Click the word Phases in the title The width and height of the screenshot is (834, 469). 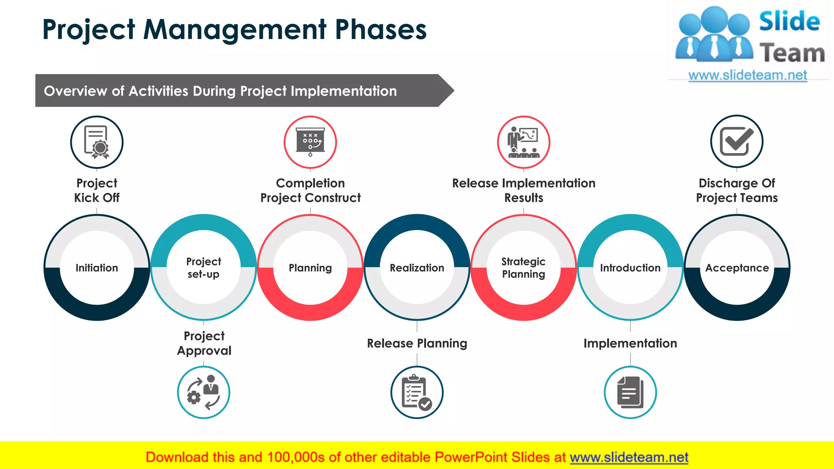pos(380,30)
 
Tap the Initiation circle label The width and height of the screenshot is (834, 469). pos(97,268)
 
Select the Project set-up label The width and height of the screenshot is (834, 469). pos(204,268)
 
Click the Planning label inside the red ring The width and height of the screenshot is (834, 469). pos(310,268)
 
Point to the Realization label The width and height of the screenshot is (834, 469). pos(417,268)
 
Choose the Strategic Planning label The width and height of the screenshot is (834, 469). pos(523,268)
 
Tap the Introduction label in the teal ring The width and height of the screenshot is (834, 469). pos(630,268)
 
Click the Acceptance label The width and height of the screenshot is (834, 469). pos(737,268)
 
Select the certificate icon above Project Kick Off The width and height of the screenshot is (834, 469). pos(97,142)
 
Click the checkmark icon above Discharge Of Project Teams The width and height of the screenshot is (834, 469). pos(737,141)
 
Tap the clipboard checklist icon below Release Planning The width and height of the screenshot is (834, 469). pos(417,392)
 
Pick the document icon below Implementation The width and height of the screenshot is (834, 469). pos(630,392)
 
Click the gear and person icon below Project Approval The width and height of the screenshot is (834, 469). pos(204,392)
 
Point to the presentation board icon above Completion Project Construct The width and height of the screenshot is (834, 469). pos(310,142)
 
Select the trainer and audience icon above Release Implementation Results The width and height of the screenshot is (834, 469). pos(524,142)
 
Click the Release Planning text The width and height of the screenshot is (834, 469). pos(417,343)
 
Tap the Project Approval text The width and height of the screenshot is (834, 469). pos(204,343)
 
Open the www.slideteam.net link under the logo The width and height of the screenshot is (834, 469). pos(748,75)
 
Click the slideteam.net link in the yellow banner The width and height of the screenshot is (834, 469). pos(629,457)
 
